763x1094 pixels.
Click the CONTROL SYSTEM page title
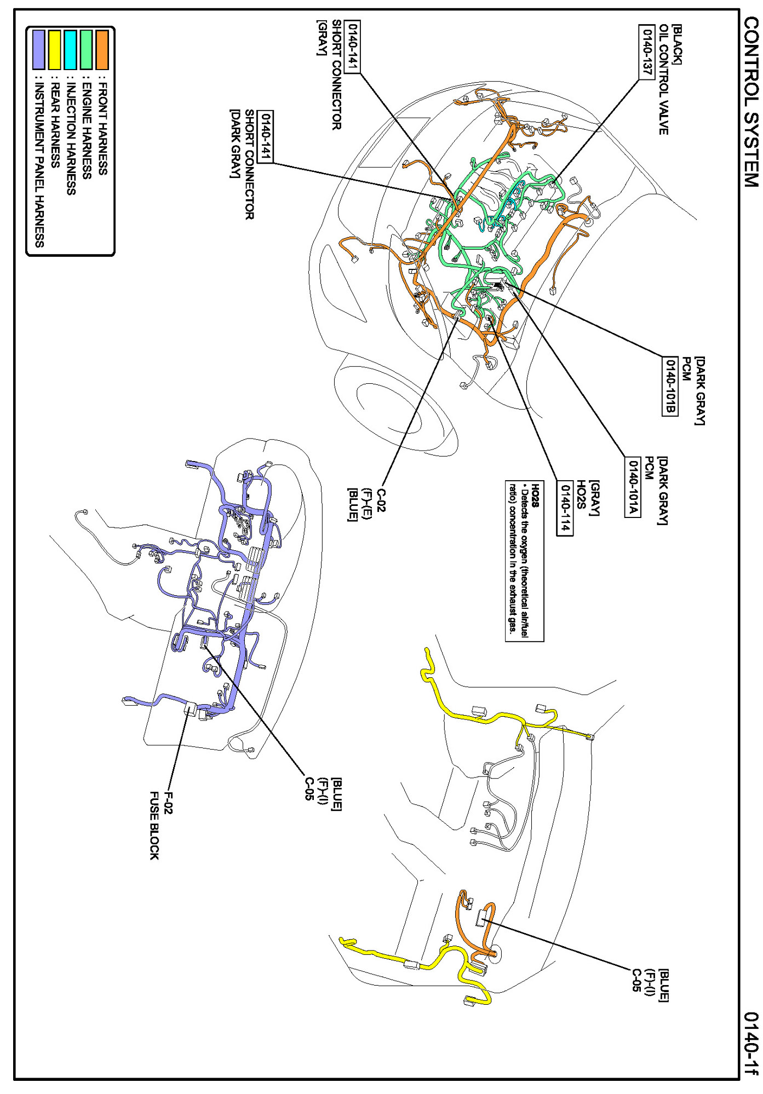751,102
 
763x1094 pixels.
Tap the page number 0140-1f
751,1043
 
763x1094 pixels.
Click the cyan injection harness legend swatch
71,50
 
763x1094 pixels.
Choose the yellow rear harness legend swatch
55,50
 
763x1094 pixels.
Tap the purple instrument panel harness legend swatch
38,50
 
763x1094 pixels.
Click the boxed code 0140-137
647,52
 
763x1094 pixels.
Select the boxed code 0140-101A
633,486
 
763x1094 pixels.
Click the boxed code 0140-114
565,508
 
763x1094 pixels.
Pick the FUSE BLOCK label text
154,825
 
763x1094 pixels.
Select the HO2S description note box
524,561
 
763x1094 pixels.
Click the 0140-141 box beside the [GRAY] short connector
353,47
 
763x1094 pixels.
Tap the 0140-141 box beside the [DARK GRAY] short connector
266,137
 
